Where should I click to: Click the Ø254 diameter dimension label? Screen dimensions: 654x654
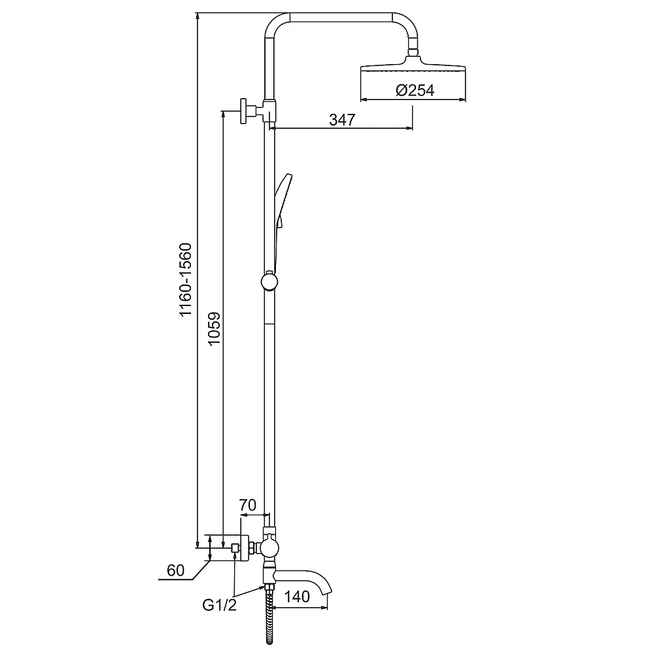pos(415,90)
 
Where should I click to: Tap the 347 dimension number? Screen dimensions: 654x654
pos(342,120)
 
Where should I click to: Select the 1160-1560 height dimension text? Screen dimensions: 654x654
pos(185,280)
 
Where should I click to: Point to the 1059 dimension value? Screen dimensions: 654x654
pos(214,328)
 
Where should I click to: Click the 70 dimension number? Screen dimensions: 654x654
pos(247,505)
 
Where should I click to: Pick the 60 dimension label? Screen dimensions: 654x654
pos(175,570)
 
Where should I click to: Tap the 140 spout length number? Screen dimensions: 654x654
pos(297,596)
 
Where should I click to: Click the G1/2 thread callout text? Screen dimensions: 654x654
pos(219,605)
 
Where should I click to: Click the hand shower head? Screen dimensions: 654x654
pos(283,201)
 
